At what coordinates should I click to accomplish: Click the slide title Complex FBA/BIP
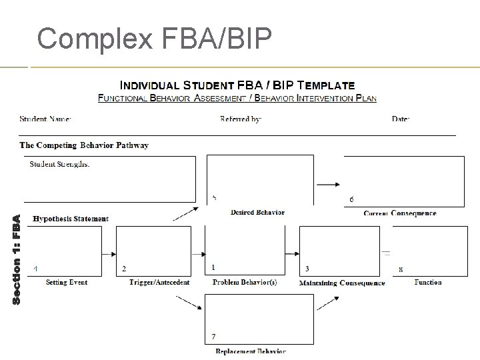[154, 39]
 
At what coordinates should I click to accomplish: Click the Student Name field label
[45, 119]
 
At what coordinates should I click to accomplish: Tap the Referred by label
[241, 119]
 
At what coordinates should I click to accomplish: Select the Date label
[401, 119]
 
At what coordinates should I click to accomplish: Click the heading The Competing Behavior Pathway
[84, 145]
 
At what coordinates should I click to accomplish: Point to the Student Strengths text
[60, 164]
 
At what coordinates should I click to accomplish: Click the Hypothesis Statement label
[71, 219]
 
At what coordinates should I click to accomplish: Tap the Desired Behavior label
[257, 213]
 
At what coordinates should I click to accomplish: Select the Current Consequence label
[400, 213]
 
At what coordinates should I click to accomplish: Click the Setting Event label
[67, 283]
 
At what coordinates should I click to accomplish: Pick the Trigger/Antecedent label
[159, 283]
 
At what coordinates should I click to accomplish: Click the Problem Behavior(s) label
[245, 283]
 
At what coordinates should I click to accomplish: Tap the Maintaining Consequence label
[342, 283]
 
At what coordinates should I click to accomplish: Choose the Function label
[428, 283]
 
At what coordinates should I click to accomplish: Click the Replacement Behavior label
[251, 351]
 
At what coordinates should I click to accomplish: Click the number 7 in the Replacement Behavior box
[213, 336]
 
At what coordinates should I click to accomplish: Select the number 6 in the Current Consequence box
[352, 199]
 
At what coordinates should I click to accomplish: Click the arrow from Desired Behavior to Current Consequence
[328, 184]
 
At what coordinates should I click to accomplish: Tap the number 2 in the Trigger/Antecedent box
[124, 269]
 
